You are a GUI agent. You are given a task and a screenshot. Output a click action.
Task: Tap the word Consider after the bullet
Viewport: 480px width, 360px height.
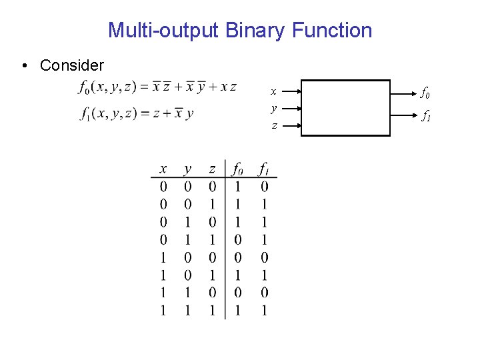click(x=72, y=65)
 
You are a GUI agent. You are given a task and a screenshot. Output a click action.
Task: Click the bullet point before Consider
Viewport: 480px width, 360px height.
click(x=25, y=65)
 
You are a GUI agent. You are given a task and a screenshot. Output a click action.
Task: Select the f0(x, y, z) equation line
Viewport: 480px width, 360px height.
click(x=157, y=87)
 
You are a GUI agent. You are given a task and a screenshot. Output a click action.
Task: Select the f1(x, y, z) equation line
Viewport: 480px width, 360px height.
click(x=136, y=114)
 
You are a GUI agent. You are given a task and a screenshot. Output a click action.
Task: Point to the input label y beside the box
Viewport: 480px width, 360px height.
click(x=273, y=108)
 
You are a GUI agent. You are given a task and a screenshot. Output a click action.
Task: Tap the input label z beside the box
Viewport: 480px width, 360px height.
click(x=273, y=125)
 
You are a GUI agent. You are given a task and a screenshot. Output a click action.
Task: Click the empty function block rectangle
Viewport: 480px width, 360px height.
click(x=345, y=108)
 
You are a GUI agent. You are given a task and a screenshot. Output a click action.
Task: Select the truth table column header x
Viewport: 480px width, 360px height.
click(x=163, y=169)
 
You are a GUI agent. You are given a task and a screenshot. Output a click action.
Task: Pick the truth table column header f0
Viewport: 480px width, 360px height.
click(x=236, y=169)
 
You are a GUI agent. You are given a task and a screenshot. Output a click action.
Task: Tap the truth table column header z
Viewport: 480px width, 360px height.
click(x=212, y=169)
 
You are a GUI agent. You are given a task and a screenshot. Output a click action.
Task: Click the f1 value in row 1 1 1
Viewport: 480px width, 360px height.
click(x=265, y=310)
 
